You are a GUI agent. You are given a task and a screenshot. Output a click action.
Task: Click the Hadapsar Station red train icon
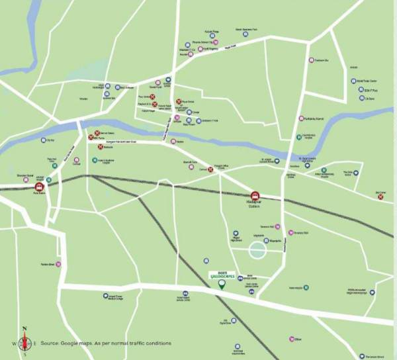pyautogui.click(x=255, y=196)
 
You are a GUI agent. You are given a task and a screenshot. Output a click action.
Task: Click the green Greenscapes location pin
pyautogui.click(x=222, y=285)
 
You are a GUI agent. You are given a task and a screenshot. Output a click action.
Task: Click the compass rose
pyautogui.click(x=25, y=342)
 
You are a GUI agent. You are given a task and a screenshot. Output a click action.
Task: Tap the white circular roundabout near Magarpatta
pyautogui.click(x=257, y=251)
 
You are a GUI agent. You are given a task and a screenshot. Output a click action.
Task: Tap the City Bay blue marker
pyautogui.click(x=44, y=140)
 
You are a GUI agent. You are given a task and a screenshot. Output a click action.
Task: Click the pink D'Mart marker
pyautogui.click(x=291, y=339)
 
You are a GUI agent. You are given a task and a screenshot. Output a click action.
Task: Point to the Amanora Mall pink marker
pyautogui.click(x=291, y=232)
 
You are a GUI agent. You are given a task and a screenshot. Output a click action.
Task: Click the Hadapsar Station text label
pyautogui.click(x=255, y=204)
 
